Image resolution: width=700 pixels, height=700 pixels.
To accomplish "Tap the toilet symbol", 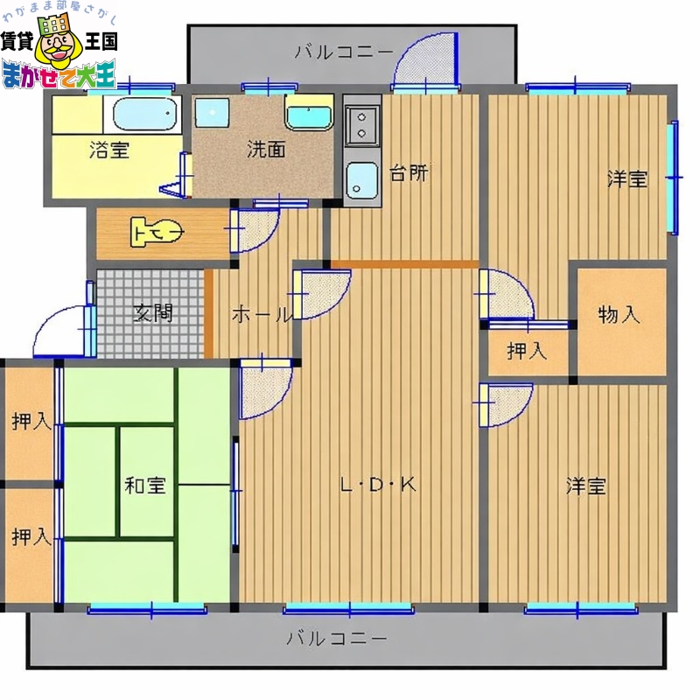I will click(157, 233).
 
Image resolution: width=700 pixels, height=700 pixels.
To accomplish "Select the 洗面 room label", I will click(266, 149).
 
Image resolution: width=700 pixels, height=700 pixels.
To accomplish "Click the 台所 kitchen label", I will click(409, 173).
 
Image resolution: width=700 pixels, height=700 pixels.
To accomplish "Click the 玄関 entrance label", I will click(153, 312).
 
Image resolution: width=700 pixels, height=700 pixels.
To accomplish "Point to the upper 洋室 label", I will click(628, 179).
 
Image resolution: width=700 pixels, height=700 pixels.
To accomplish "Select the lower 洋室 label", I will click(585, 486).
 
